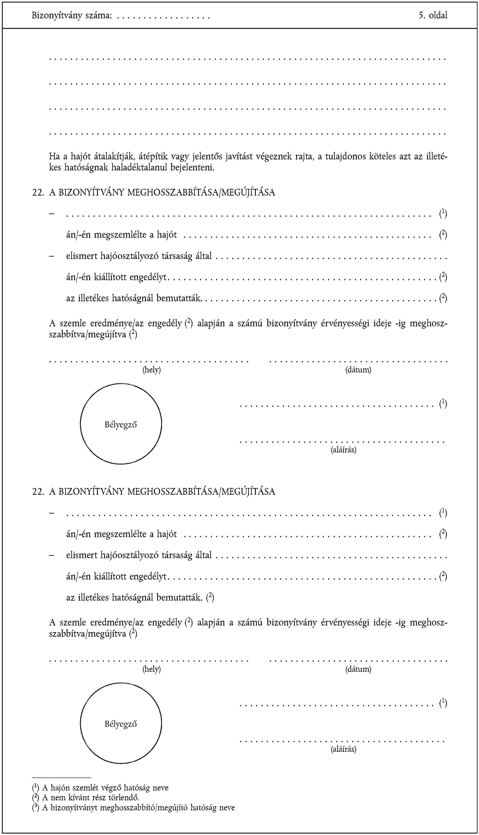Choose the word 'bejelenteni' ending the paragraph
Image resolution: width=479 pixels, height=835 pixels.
[192, 168]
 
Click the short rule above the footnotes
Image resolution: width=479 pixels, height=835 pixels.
[61, 778]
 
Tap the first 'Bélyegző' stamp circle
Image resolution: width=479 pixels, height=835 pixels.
[121, 424]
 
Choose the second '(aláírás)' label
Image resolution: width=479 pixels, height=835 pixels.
[343, 749]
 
